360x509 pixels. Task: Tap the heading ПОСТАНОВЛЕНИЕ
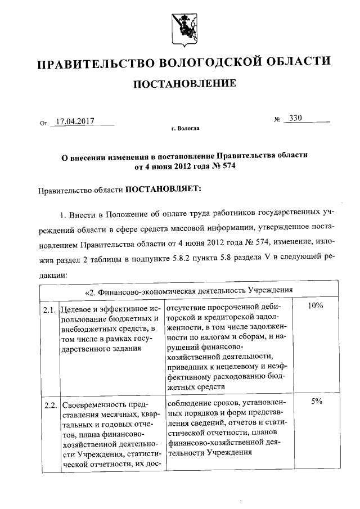point(180,84)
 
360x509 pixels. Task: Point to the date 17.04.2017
point(75,120)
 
